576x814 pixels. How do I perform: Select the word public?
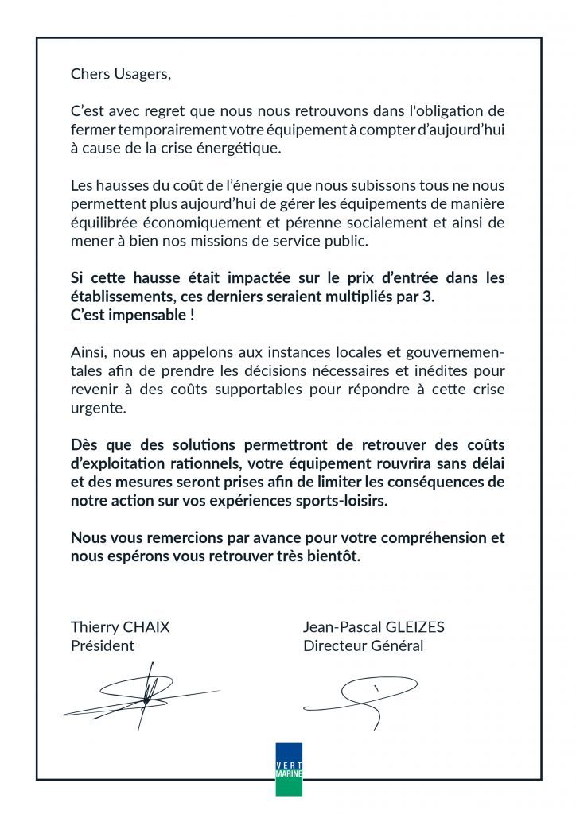click(x=370, y=241)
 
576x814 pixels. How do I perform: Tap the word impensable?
click(x=149, y=313)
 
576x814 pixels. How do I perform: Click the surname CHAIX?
click(x=146, y=627)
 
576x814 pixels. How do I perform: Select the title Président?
click(x=103, y=645)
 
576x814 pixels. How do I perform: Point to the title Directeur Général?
click(x=363, y=645)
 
